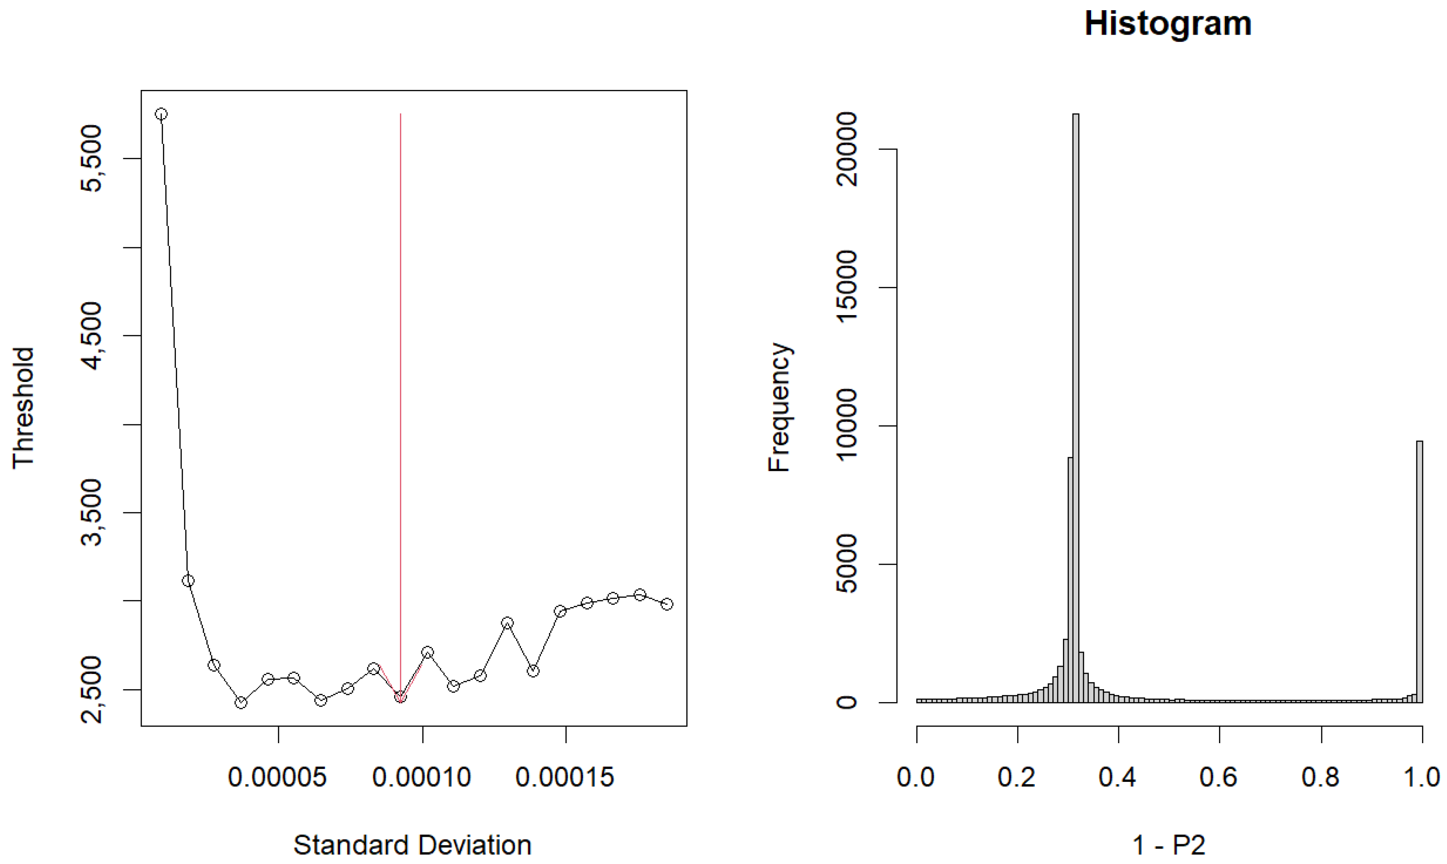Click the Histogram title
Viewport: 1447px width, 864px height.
click(x=1167, y=24)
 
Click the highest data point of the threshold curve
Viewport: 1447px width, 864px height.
click(x=162, y=114)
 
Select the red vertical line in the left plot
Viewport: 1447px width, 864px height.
click(x=400, y=349)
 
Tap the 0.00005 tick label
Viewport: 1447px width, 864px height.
click(x=277, y=777)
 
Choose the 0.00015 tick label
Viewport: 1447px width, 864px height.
click(x=564, y=777)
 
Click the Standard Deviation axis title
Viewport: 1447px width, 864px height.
click(x=413, y=844)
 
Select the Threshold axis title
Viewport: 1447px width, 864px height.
click(x=23, y=407)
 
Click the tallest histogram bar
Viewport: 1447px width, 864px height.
click(x=1075, y=407)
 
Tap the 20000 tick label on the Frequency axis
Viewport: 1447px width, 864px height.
click(x=847, y=149)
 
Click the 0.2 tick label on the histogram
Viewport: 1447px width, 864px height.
click(x=1017, y=777)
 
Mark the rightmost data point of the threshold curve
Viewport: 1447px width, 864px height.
click(x=667, y=604)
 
